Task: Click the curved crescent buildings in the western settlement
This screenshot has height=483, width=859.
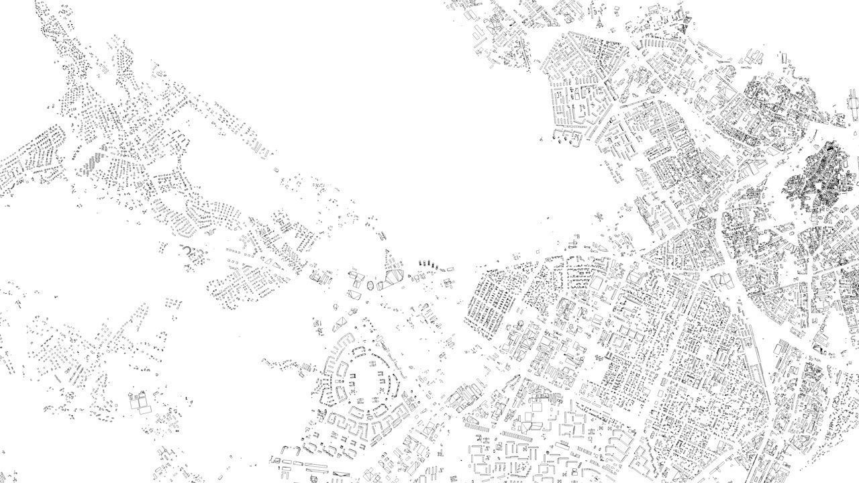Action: [191, 252]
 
